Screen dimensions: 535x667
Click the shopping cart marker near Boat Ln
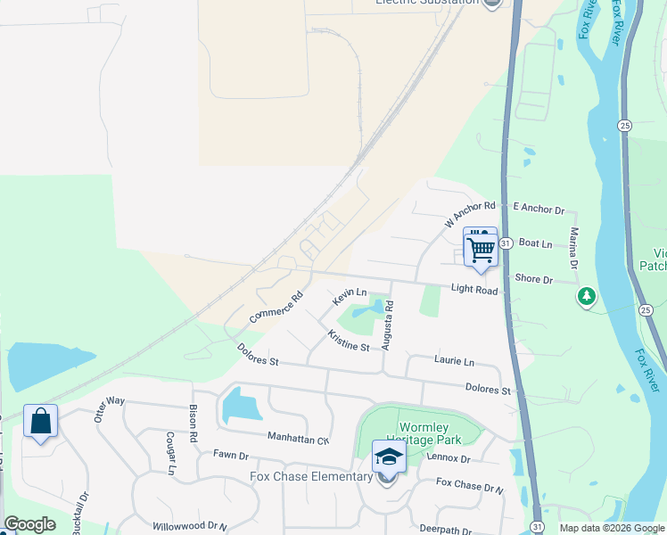481,249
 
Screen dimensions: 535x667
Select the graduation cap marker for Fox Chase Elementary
388,458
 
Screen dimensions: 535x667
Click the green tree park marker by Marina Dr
586,296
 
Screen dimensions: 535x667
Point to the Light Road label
474,289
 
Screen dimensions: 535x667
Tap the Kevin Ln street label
350,292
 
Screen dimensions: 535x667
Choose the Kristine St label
349,341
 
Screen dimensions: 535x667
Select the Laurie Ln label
454,361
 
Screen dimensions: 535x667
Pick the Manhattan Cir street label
299,438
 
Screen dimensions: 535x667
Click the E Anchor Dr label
539,210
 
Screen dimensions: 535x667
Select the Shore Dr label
534,279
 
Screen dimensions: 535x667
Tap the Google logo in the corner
29,524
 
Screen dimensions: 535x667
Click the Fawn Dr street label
230,455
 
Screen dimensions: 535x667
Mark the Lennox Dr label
448,458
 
